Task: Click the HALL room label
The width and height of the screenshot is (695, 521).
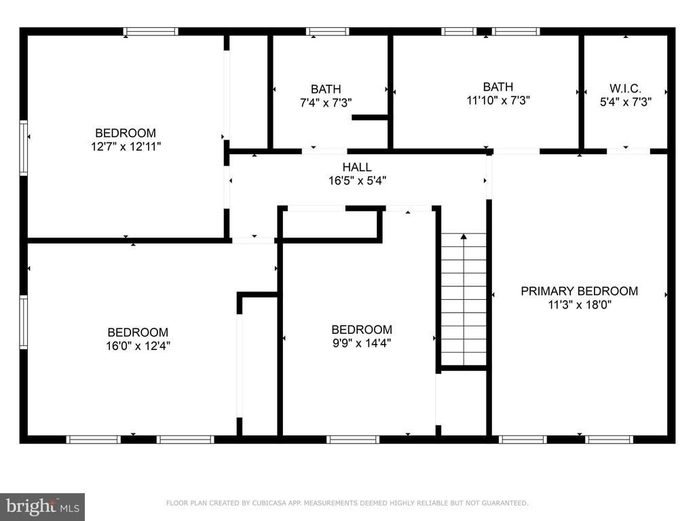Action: pos(357,167)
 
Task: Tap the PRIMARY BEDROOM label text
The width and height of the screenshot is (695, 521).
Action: pos(580,291)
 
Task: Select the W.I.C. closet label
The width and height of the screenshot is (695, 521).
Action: pos(625,88)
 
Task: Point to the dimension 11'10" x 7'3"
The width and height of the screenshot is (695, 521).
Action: pos(498,100)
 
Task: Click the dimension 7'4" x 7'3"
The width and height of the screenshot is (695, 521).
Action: pos(326,103)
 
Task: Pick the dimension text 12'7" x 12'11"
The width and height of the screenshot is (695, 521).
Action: pos(126,147)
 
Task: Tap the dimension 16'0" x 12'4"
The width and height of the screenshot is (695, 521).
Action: pos(138,345)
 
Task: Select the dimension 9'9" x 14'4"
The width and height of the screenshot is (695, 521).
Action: pos(362,343)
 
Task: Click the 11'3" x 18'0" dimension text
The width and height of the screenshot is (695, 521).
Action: pos(580,305)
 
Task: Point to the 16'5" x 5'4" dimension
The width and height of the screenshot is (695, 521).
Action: pos(357,180)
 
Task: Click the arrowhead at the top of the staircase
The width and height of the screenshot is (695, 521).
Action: pos(464,237)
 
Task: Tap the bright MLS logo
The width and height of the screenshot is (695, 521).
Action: pos(43,507)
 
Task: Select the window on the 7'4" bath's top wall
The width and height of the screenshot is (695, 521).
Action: pos(328,31)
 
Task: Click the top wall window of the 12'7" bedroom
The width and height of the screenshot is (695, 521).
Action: pos(151,31)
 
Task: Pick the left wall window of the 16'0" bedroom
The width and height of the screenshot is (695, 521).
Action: pos(24,322)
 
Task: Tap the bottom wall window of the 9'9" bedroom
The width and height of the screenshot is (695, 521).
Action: pos(353,440)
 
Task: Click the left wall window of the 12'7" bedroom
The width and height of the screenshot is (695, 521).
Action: pos(24,147)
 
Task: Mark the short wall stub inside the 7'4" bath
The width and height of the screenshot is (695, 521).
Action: pos(370,117)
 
